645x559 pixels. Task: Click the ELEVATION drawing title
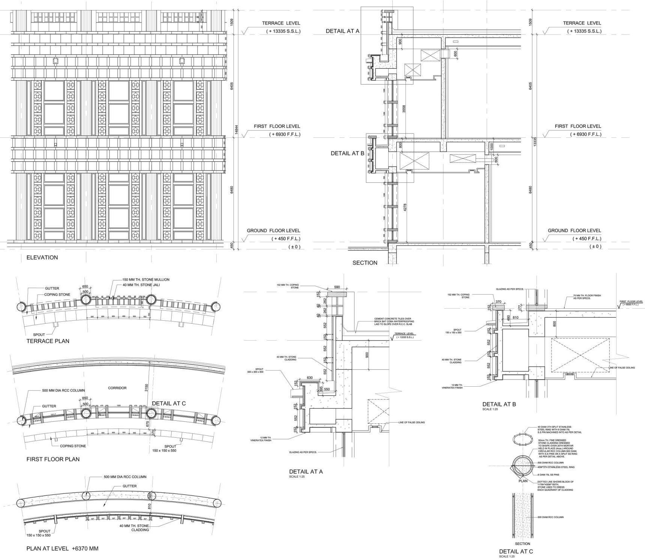(42, 257)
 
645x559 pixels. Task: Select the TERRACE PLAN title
(48, 341)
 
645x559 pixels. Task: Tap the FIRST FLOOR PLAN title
(53, 459)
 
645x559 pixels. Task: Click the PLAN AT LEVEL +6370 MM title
(62, 549)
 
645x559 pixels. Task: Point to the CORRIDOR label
(117, 388)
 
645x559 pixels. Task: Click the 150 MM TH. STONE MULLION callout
(146, 279)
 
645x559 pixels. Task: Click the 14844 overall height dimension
(236, 130)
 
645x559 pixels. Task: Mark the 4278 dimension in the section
(405, 207)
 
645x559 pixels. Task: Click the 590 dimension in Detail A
(337, 287)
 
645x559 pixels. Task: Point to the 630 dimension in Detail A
(310, 378)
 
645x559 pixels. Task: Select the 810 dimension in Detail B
(515, 318)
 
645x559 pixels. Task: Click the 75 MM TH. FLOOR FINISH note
(587, 297)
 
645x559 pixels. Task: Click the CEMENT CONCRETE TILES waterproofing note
(394, 321)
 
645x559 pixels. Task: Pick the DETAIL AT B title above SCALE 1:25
(499, 404)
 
